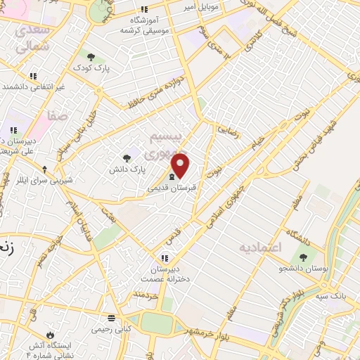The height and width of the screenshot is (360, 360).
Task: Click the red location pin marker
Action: [x=181, y=165]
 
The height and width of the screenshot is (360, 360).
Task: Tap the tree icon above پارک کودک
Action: [x=90, y=57]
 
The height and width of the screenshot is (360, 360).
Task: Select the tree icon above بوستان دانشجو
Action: [x=304, y=257]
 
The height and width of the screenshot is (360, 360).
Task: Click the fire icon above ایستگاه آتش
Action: [x=49, y=333]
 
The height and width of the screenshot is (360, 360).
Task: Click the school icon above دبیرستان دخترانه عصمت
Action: [x=166, y=258]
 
